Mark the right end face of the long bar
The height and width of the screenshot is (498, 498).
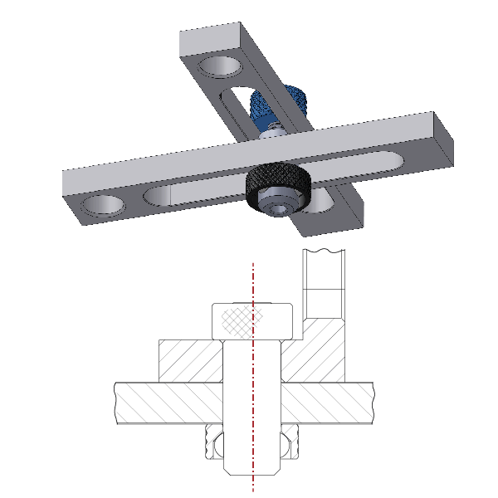click(447, 142)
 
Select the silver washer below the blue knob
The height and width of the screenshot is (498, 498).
click(272, 129)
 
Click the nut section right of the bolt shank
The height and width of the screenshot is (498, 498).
click(291, 444)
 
